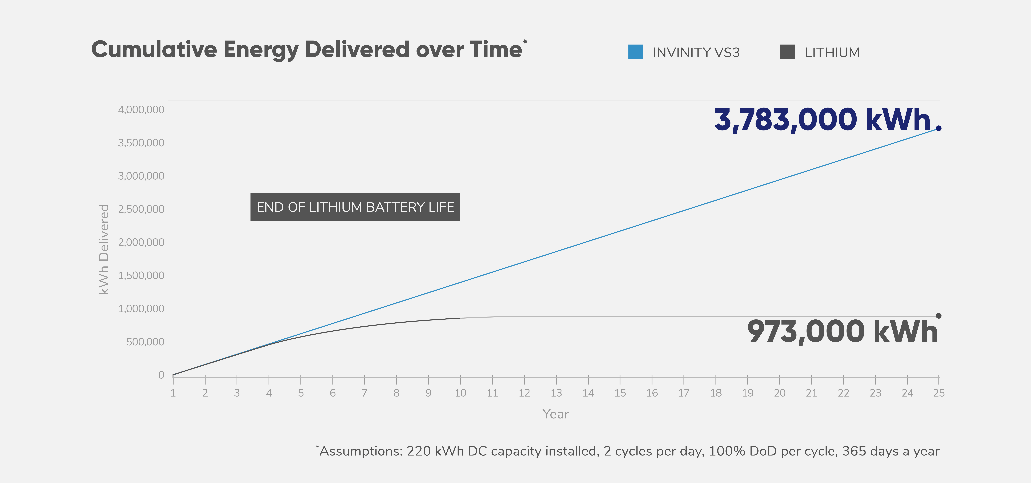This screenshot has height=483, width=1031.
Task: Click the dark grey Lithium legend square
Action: point(787,52)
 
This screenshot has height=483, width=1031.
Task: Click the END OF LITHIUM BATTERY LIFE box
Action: point(355,207)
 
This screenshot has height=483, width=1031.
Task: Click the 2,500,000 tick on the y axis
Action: point(141,209)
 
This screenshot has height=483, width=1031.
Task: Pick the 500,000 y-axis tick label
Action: point(145,342)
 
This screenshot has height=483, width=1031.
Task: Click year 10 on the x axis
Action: point(460,393)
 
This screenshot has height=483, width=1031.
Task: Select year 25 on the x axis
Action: point(938,393)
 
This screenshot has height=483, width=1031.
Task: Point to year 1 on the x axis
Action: point(173,393)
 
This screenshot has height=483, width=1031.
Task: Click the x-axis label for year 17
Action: point(684,393)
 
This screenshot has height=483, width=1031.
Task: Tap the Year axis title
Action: point(555,414)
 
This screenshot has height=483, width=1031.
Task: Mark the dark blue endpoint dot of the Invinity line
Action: point(938,128)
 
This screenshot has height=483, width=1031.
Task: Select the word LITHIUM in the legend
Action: point(832,52)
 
